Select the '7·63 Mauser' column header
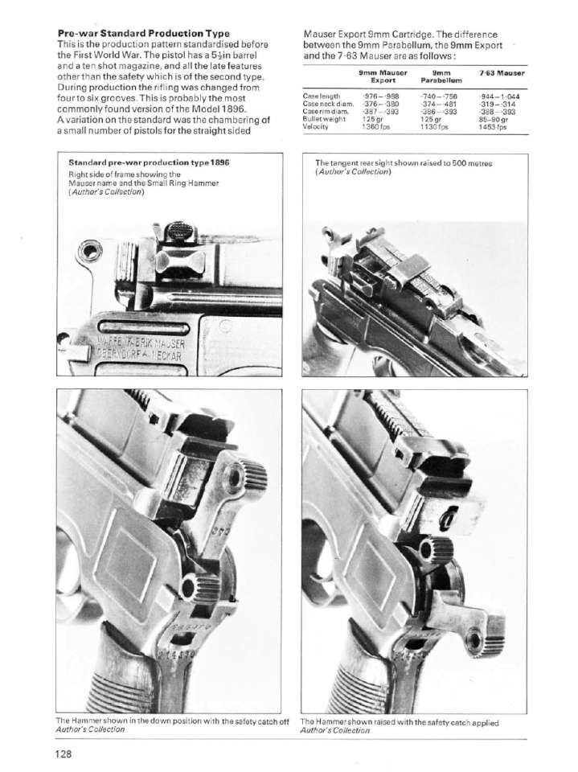(501, 73)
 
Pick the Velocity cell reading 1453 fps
(490, 126)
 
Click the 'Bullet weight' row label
(323, 119)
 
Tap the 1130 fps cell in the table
(433, 126)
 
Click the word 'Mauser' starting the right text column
(319, 35)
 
